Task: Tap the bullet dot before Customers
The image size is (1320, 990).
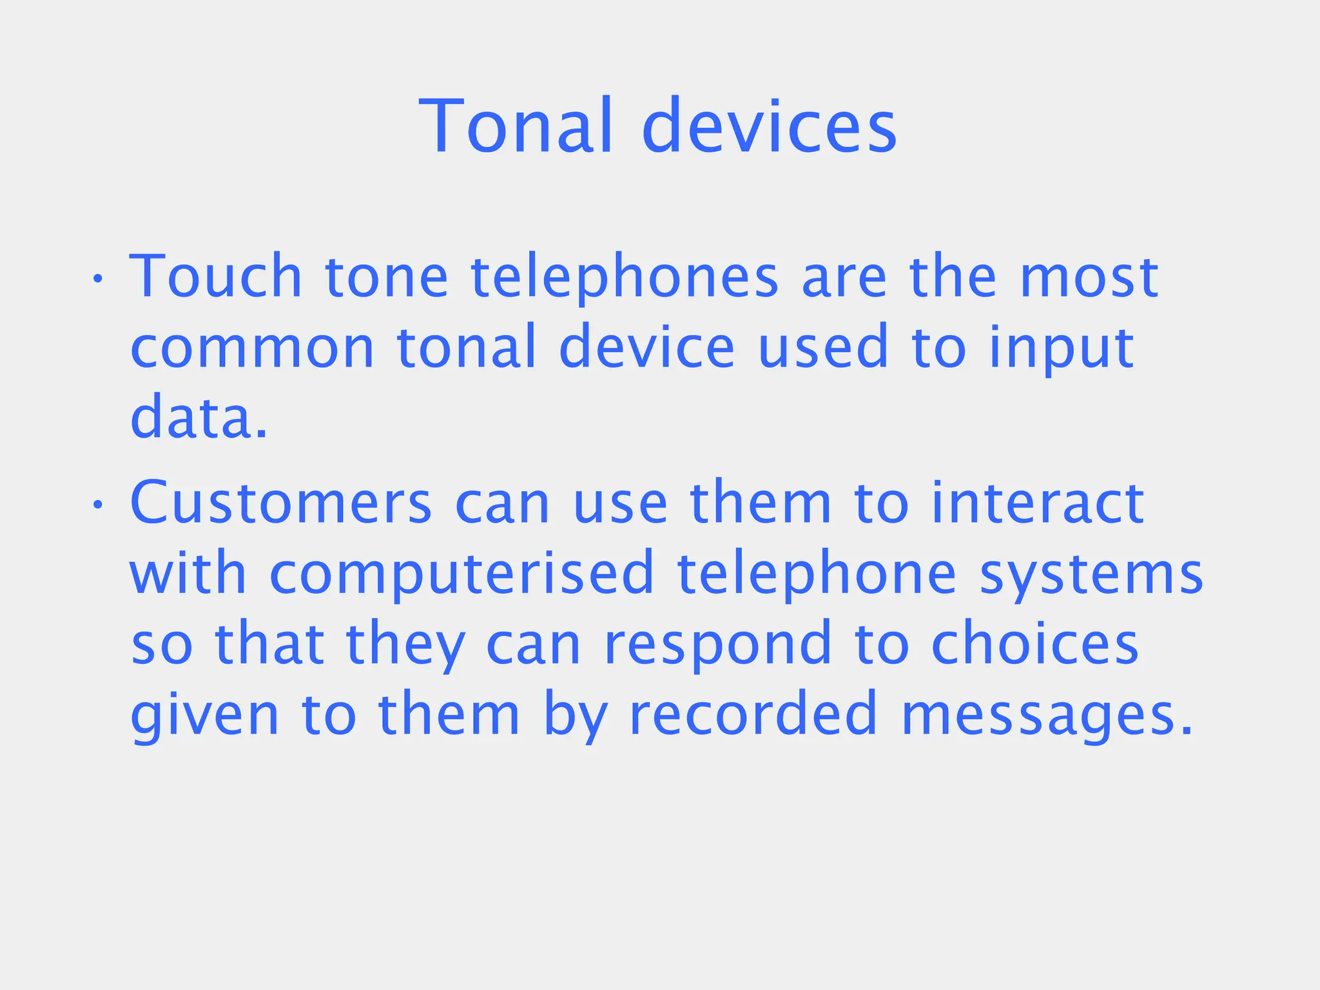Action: [97, 505]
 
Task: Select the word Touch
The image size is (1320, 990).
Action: [216, 277]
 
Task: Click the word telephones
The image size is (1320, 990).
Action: [625, 278]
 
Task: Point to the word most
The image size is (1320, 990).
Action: [1089, 278]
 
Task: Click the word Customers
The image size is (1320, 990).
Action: [280, 503]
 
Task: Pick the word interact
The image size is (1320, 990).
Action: [1037, 503]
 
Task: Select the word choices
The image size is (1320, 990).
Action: [1035, 645]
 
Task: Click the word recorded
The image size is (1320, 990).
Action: [753, 715]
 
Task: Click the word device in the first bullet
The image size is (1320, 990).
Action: [646, 348]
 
